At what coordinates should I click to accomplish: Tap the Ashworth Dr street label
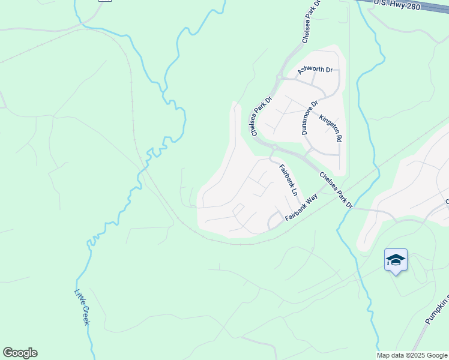pos(315,70)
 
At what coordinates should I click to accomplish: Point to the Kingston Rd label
pos(331,128)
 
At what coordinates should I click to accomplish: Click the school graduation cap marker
pos(396,260)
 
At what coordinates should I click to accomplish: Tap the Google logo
pos(20,353)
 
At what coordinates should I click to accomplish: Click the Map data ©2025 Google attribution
pos(412,355)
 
